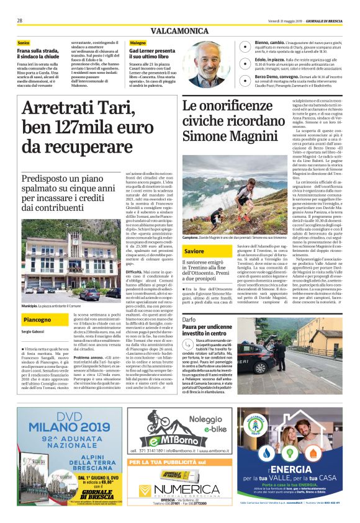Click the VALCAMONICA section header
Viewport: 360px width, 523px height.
(x=180, y=30)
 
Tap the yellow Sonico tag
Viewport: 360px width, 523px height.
(x=24, y=43)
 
